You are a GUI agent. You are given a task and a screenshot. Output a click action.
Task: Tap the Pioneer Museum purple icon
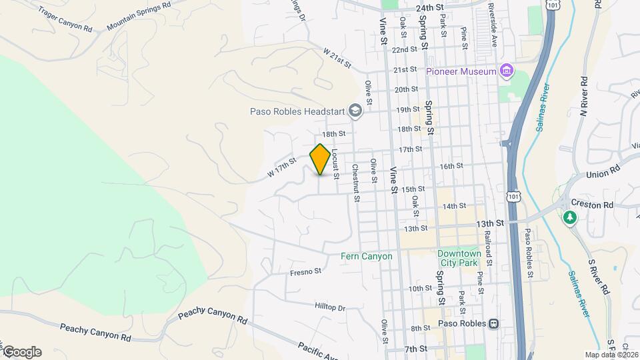coord(507,71)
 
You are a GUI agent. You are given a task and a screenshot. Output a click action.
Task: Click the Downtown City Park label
coord(459,258)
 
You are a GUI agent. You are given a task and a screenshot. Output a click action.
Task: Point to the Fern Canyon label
coord(366,256)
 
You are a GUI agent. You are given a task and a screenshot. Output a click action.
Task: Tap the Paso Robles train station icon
coord(493,324)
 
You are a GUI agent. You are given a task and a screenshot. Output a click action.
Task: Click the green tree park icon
coord(569,217)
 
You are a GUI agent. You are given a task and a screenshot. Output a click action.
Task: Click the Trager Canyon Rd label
coord(65,19)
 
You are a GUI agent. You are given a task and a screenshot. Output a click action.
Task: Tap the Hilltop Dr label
coord(331,307)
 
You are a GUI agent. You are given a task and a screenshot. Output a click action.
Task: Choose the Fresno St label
coord(306,272)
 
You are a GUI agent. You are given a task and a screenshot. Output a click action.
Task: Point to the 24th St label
coord(429,7)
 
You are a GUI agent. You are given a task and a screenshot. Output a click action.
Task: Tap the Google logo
coord(22,352)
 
